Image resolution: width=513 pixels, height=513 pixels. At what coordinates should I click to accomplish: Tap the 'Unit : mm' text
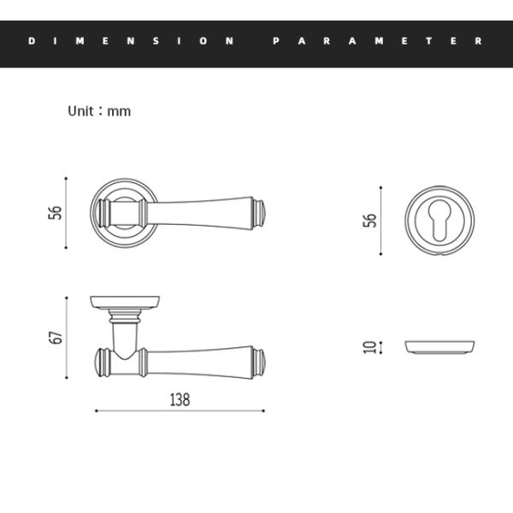(99, 111)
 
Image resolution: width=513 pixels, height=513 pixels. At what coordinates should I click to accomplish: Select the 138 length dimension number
(180, 399)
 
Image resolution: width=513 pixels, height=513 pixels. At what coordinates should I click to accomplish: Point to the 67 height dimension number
(56, 338)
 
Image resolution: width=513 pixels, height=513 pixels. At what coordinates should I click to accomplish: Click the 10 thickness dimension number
(369, 347)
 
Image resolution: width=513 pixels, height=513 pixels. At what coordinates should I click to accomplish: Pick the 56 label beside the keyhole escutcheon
(369, 220)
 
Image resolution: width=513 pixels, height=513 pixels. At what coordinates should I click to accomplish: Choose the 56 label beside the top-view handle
(56, 212)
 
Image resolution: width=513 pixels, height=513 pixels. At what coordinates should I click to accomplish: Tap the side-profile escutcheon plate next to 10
(439, 346)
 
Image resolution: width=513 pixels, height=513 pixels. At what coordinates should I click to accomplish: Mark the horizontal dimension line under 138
(180, 411)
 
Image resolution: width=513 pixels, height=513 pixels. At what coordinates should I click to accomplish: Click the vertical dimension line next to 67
(67, 338)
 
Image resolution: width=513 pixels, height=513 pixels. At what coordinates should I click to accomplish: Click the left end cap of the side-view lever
(99, 363)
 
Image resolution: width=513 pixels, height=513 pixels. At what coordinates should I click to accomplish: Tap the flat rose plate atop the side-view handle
(126, 302)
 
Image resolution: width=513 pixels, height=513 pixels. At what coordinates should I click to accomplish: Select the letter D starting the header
(32, 40)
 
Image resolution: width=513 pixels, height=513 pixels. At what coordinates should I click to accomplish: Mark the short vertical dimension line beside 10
(380, 347)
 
